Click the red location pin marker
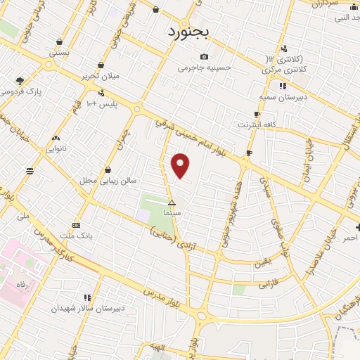coord(181,165)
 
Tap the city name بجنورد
coord(190,32)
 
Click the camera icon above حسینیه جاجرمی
coord(204,57)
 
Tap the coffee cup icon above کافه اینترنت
coord(257,114)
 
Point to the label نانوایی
coord(56,148)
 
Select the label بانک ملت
coord(77,234)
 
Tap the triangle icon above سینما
coord(172,202)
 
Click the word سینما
coord(172,212)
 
